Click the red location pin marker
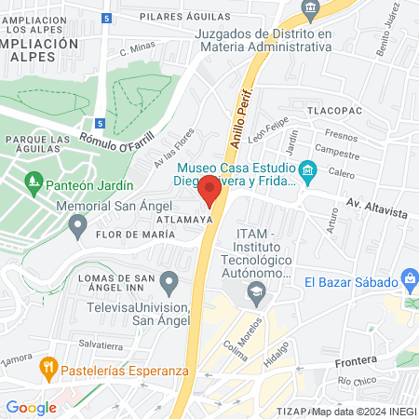tap(209, 192)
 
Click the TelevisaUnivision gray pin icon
tap(169, 281)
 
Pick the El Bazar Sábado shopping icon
tap(409, 277)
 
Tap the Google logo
tap(31, 407)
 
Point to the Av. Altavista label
tap(376, 212)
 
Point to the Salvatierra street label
tap(101, 344)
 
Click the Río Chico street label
tap(355, 382)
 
